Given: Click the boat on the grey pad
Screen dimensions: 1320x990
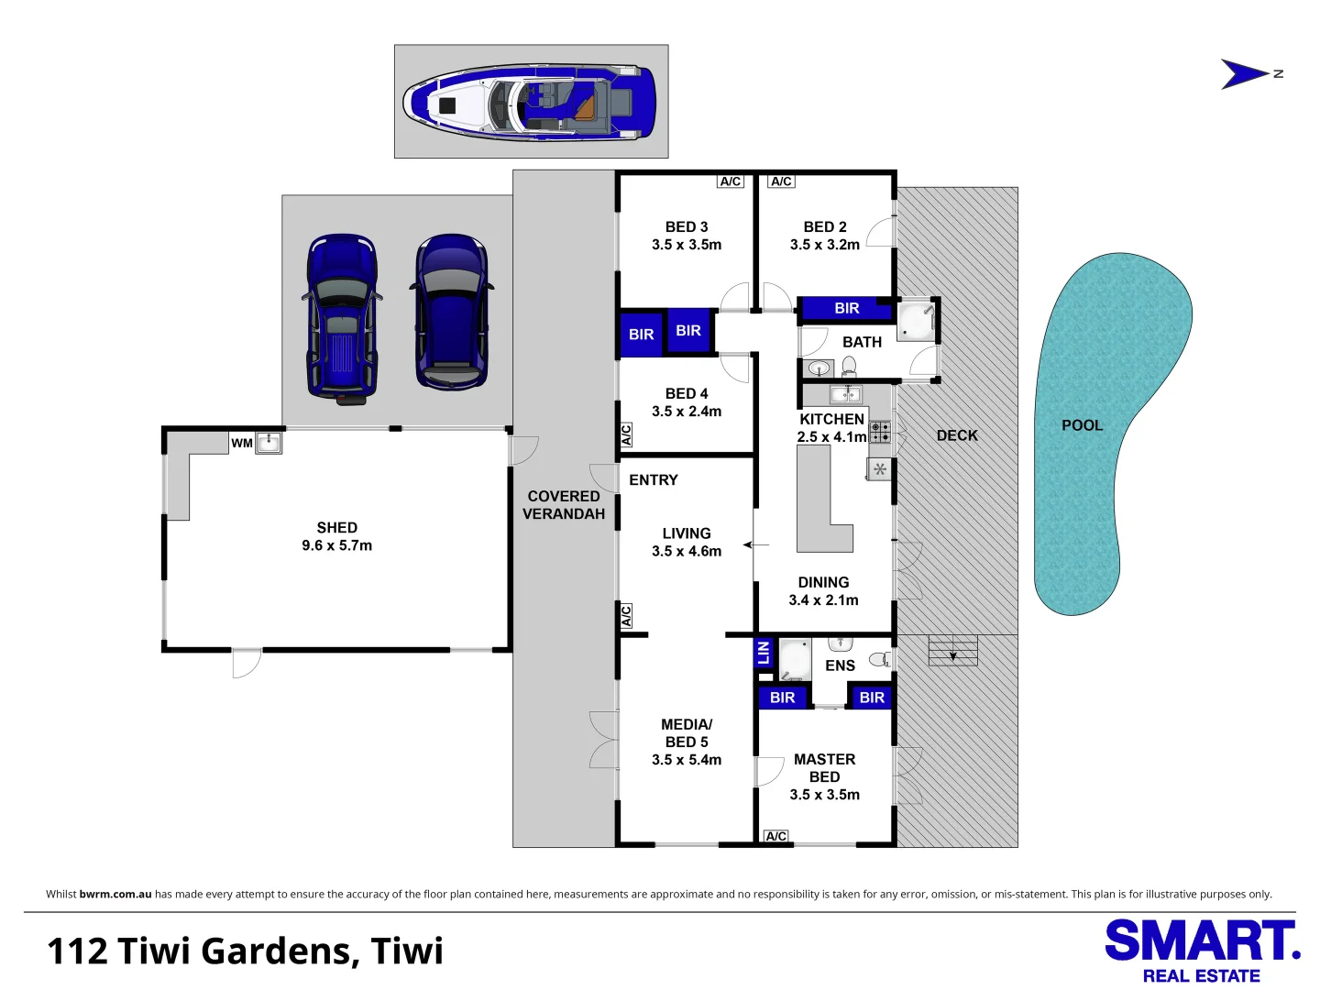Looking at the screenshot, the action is pos(529,103).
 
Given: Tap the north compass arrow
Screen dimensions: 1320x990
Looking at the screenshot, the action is pos(1244,74).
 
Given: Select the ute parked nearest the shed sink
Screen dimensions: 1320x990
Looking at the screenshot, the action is pos(342,319).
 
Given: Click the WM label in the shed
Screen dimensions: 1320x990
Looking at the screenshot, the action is pos(242,443).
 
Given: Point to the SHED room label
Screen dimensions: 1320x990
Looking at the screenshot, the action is pos(336,527).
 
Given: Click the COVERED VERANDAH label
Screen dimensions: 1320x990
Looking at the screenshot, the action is pos(564,505).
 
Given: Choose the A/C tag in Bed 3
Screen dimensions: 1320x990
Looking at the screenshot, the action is pos(730,181).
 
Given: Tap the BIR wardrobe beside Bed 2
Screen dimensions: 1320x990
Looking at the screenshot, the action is pos(847,308).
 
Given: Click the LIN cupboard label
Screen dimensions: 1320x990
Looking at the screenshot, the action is pos(764,652).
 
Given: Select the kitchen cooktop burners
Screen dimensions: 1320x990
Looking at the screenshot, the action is pos(880,432).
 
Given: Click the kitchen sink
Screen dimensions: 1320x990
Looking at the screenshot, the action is pos(845,394).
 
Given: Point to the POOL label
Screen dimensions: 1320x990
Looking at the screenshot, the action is pos(1082,425).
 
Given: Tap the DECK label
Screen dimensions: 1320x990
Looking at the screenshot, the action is pos(957,435).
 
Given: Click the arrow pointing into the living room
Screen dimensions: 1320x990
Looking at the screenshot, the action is pos(756,545).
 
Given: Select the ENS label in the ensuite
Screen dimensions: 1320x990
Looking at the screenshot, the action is pos(840,665).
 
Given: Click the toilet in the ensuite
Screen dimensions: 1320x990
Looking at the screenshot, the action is pos(880,659).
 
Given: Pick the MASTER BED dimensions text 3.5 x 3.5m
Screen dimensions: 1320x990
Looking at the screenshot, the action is pos(824,794).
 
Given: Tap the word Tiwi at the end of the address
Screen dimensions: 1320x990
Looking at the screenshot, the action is pos(406,951).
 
